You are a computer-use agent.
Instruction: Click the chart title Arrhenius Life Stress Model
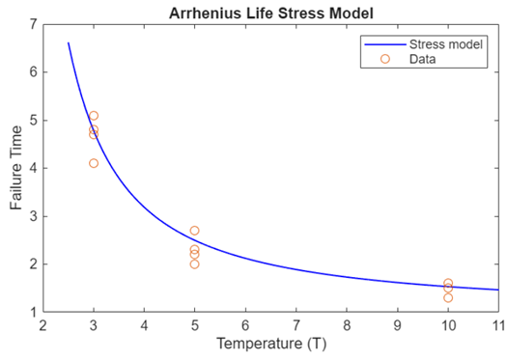coord(269,12)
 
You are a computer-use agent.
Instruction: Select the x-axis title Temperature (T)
coord(269,343)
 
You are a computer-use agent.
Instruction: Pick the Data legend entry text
coord(422,59)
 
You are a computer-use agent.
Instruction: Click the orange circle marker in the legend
coord(384,59)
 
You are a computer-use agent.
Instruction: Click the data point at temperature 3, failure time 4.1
coord(94,163)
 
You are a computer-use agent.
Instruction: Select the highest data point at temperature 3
coord(94,116)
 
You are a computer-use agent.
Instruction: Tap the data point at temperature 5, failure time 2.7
coord(194,231)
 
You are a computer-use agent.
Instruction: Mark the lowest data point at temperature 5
coord(194,263)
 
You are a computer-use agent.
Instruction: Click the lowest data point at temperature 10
coord(448,297)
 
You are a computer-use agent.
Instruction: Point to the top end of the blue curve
coord(69,43)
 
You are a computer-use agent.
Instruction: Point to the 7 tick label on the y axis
coord(34,24)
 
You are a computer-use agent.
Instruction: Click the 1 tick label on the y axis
coord(34,312)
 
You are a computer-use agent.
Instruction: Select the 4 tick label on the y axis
coord(34,168)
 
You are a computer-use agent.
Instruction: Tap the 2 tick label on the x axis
coord(43,326)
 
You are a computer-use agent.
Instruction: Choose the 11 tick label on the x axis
coord(497,326)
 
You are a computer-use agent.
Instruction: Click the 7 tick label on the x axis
coord(296,326)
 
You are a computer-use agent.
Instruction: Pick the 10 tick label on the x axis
coord(447,326)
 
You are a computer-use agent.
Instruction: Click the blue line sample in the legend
coord(384,44)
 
